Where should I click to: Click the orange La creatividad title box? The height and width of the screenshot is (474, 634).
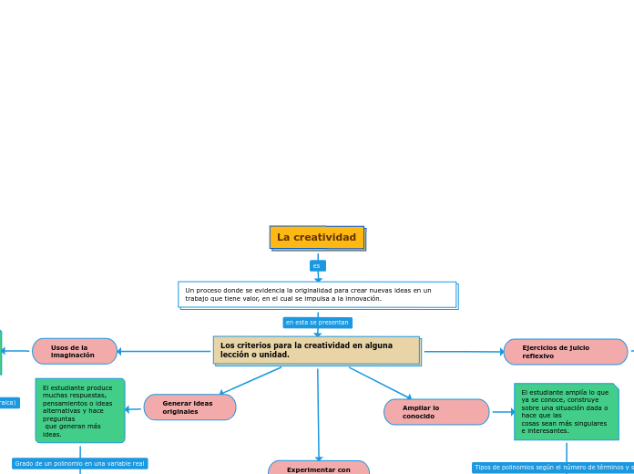[317, 238]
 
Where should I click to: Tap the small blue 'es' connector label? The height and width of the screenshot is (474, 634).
[317, 266]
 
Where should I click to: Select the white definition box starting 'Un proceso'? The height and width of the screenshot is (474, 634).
[317, 294]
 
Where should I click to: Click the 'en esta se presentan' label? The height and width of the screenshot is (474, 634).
[317, 323]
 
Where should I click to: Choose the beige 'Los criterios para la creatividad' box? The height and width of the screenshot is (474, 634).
[316, 350]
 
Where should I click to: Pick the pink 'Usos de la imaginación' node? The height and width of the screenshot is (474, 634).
[75, 351]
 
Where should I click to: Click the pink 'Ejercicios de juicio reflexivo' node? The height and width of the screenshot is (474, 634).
[565, 352]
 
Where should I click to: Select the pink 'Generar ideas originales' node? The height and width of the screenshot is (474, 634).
[189, 407]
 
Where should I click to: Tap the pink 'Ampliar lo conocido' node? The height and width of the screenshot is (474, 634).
[436, 412]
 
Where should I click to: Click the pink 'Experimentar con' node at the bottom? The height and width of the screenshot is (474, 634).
[319, 469]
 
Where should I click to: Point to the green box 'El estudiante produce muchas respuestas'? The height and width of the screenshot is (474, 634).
[80, 410]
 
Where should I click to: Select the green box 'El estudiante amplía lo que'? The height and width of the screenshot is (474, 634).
[566, 411]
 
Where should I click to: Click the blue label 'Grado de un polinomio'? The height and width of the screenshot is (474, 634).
[80, 463]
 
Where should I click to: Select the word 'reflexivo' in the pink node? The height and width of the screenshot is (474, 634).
[537, 356]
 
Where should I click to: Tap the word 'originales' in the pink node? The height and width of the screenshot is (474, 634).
[180, 412]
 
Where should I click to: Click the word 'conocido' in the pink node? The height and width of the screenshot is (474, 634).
[419, 417]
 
